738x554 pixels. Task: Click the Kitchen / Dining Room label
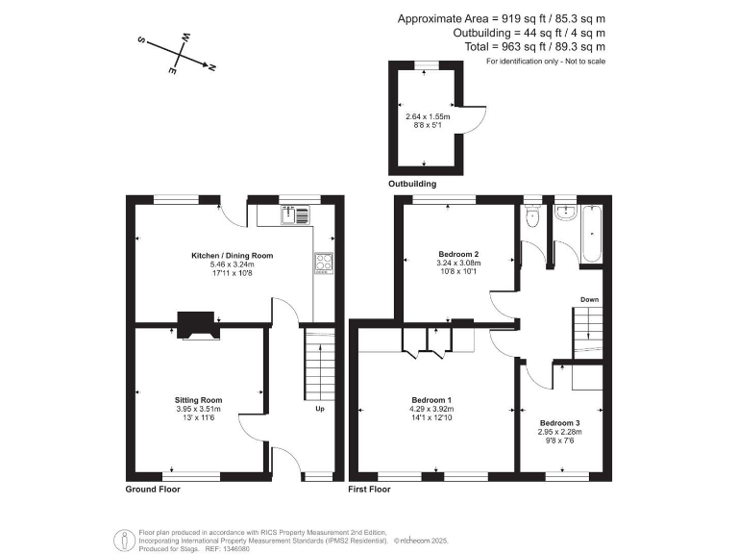(232, 256)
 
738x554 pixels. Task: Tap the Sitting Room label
(198, 399)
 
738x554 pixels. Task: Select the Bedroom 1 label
(431, 400)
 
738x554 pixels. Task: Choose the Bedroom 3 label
(559, 423)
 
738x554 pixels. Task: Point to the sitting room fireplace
(198, 326)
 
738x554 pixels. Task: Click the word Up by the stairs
(319, 409)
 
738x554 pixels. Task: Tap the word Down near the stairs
(589, 300)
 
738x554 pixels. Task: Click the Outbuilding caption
(412, 183)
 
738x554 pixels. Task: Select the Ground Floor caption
(153, 490)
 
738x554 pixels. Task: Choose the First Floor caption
(369, 490)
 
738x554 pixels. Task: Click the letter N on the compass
(212, 67)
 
